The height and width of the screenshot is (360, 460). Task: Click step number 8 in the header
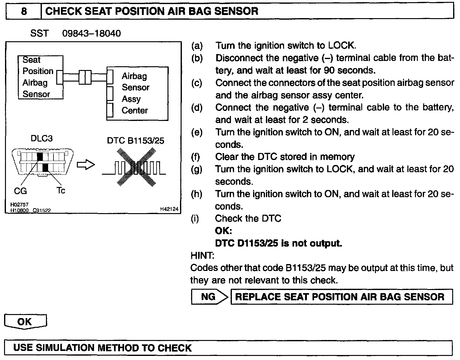coord(24,12)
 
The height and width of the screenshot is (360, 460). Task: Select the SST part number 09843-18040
coord(91,33)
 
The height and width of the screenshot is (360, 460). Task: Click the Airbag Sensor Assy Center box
coord(137,93)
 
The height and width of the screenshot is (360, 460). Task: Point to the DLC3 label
coord(41,138)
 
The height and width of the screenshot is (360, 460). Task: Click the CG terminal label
coord(21,191)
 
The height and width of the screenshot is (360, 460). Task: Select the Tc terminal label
coord(61,190)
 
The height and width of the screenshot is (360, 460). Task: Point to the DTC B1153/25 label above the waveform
coord(135,141)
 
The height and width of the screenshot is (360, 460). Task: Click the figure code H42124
coord(169,209)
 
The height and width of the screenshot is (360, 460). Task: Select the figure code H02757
coord(19,205)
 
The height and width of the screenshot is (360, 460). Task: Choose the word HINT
coord(202,256)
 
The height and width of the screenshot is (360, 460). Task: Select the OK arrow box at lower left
coord(25,322)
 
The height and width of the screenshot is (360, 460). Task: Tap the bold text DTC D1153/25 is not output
coord(278,243)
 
